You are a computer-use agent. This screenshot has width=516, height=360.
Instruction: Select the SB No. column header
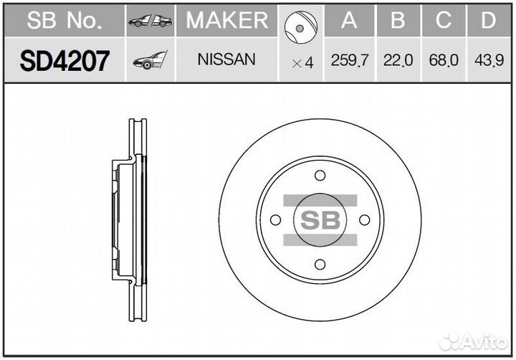[64, 21]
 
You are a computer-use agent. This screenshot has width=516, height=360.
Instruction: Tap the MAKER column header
[226, 21]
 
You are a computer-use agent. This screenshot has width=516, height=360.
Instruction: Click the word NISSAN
[226, 60]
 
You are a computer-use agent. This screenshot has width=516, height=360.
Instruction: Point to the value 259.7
[350, 61]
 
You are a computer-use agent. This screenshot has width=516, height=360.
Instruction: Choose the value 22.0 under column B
[398, 61]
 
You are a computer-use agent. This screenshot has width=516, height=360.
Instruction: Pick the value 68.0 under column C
[444, 61]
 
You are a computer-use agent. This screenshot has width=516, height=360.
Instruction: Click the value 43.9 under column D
[488, 61]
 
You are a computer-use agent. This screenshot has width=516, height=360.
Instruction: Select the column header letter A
[350, 21]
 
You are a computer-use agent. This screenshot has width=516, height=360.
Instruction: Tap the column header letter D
[488, 21]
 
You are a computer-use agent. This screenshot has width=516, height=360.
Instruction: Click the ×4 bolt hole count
[303, 62]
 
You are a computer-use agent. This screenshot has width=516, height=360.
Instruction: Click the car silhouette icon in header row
[150, 22]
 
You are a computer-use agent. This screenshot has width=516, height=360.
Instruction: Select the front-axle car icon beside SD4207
[150, 62]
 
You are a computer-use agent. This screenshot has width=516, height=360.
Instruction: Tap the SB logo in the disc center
[320, 219]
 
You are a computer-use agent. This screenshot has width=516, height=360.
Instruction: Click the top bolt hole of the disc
[320, 176]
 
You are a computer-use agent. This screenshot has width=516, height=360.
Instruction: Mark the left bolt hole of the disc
[276, 219]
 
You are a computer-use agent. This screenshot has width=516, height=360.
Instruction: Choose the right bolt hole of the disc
[363, 219]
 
